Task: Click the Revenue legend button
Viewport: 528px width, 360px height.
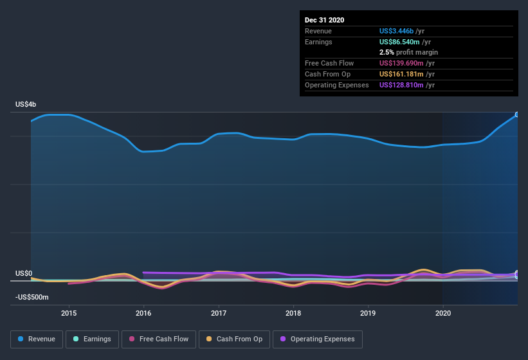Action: [x=37, y=339]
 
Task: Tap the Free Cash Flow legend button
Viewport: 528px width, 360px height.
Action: [x=158, y=339]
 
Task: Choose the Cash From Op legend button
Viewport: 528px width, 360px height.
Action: [x=233, y=339]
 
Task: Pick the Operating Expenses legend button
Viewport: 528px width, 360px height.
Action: [x=317, y=339]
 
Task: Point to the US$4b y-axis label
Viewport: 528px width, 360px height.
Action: [x=26, y=104]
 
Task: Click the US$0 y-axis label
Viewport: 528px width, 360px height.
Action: [x=23, y=273]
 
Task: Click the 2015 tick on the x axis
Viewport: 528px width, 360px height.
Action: [x=69, y=313]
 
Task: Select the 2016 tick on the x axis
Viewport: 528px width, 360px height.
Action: [x=143, y=313]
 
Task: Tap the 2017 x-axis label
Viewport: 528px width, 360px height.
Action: [x=219, y=313]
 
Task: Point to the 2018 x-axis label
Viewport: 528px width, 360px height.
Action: [x=293, y=313]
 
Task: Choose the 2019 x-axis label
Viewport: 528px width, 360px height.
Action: [x=368, y=313]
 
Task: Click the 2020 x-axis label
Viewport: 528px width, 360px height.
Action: [x=442, y=313]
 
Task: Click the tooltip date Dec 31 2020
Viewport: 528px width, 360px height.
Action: [x=325, y=20]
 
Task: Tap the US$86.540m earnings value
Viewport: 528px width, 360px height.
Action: [x=400, y=41]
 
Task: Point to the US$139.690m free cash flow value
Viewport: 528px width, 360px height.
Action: [x=402, y=63]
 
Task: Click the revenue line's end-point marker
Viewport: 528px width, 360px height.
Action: [x=516, y=115]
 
